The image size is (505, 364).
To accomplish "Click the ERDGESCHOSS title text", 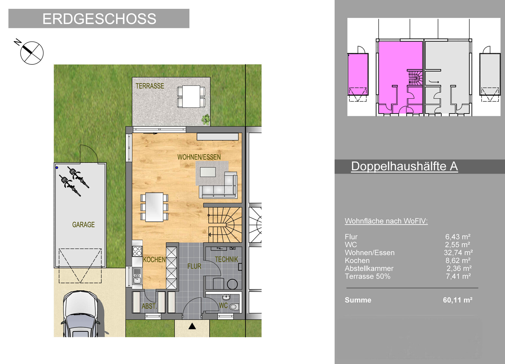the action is click(x=99, y=19).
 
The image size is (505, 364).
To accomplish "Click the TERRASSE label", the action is click(x=150, y=86).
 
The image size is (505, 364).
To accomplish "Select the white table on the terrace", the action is click(x=191, y=96).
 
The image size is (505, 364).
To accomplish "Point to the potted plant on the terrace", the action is click(x=206, y=119).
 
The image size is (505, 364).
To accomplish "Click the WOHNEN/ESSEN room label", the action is click(x=199, y=157).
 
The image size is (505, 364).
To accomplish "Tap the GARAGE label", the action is click(x=83, y=225).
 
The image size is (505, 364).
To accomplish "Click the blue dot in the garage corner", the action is click(x=57, y=167).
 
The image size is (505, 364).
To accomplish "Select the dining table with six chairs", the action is click(x=154, y=207).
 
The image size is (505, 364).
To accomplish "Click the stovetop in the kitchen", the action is click(x=137, y=251).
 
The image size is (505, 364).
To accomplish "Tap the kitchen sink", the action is click(x=137, y=276).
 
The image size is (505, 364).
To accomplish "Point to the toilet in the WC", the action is click(x=233, y=307).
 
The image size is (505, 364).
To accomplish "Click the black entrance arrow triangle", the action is click(x=192, y=326).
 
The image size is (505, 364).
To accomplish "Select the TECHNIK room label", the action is click(x=226, y=259).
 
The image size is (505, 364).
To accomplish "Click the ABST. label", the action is click(x=149, y=306).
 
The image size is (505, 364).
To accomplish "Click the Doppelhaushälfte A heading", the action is click(x=405, y=166).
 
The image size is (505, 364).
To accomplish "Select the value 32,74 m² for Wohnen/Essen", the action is click(x=458, y=253).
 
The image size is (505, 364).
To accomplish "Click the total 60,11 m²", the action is click(x=458, y=300).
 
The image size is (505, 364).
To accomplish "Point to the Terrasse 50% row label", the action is click(x=368, y=276).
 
